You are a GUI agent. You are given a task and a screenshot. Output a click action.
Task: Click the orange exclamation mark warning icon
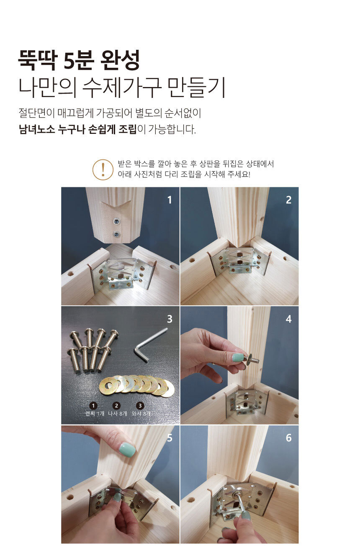[x=103, y=169]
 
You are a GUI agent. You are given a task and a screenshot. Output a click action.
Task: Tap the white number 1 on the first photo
[x=170, y=200]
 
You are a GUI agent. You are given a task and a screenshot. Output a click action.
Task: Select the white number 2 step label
[x=288, y=200]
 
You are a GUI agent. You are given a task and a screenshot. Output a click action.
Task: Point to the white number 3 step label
[x=170, y=319]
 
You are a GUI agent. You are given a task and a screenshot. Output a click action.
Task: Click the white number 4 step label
[x=288, y=319]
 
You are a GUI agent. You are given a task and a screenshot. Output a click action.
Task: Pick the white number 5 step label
[x=170, y=438]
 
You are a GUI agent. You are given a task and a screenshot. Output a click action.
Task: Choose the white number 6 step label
[x=288, y=438]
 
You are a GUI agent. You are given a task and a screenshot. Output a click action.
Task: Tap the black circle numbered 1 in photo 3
[x=93, y=406]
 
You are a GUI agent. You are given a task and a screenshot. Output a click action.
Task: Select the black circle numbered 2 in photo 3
[x=116, y=406]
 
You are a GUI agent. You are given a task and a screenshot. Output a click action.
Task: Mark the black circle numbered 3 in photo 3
[x=140, y=406]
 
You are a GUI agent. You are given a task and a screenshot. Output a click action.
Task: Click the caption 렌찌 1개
[x=95, y=414]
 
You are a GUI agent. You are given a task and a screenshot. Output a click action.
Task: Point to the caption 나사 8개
[x=118, y=414]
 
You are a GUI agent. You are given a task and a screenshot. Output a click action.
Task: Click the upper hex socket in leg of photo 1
[x=116, y=222]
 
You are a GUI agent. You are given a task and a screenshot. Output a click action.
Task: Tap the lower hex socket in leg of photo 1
[x=117, y=235]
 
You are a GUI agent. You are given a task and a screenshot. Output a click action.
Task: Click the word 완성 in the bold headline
[x=120, y=60]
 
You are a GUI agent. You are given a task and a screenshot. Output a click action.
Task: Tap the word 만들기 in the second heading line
[x=196, y=87]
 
